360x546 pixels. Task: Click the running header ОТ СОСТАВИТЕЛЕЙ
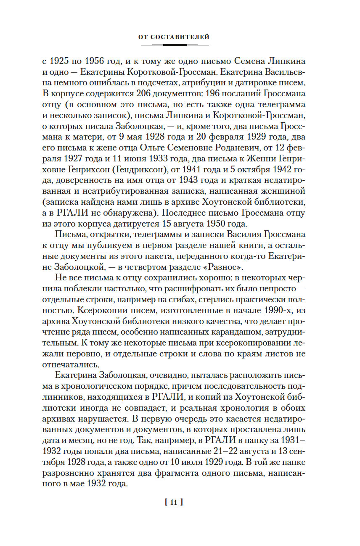(x=174, y=37)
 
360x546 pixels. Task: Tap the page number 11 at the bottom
(x=174, y=501)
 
